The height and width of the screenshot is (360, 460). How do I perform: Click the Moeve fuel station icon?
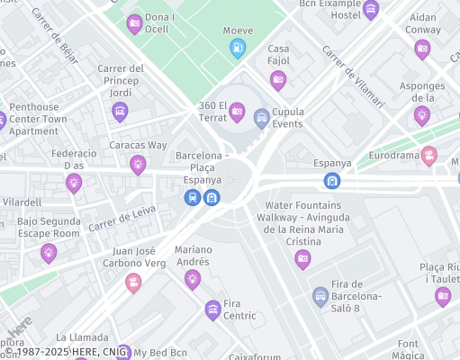click(238, 48)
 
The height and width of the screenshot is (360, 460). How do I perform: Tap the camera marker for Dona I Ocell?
click(135, 23)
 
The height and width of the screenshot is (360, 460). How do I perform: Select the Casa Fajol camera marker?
click(278, 80)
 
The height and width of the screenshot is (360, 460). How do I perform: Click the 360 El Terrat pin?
click(237, 112)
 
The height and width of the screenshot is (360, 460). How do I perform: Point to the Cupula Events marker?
click(262, 117)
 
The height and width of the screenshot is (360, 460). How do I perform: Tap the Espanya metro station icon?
click(332, 180)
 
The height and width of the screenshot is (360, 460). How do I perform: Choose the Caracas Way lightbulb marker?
click(138, 164)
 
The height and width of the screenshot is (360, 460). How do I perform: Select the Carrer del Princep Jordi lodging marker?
click(119, 112)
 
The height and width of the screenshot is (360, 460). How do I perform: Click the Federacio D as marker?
click(74, 183)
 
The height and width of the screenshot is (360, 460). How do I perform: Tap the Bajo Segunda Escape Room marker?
click(49, 254)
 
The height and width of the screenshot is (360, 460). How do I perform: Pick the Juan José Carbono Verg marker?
click(133, 283)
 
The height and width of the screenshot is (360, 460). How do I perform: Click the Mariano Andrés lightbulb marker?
click(192, 279)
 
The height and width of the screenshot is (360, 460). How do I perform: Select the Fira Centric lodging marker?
click(212, 310)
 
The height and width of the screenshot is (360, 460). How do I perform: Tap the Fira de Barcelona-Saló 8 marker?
click(320, 295)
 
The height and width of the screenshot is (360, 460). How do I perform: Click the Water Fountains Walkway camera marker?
click(302, 259)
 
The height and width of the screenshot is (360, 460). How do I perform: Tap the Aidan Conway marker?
click(422, 49)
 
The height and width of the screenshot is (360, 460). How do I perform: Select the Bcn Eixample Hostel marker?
click(370, 10)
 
